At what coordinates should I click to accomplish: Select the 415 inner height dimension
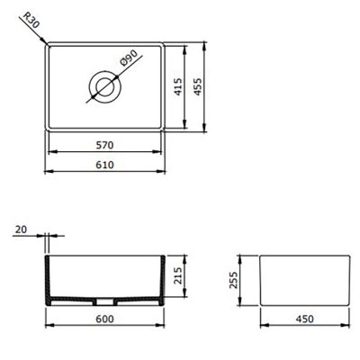point(178,87)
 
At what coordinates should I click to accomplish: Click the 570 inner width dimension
point(104,146)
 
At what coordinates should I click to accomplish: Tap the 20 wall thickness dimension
point(21,230)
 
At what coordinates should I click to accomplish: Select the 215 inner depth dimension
point(178,274)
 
